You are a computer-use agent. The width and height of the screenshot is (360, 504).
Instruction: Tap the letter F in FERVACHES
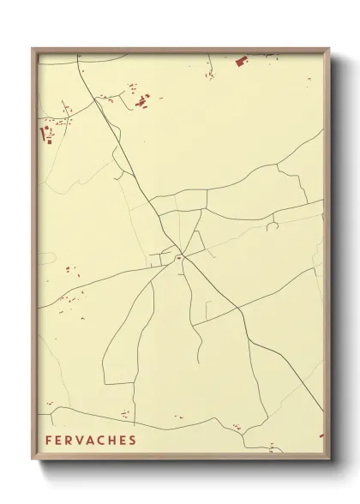(49, 441)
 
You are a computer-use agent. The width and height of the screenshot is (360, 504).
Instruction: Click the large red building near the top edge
(241, 60)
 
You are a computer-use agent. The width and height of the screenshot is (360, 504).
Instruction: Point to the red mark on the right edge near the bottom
(321, 435)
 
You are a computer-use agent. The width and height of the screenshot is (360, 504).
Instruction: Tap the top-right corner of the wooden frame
(328, 49)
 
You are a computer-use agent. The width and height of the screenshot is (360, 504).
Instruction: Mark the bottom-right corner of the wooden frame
(328, 461)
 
